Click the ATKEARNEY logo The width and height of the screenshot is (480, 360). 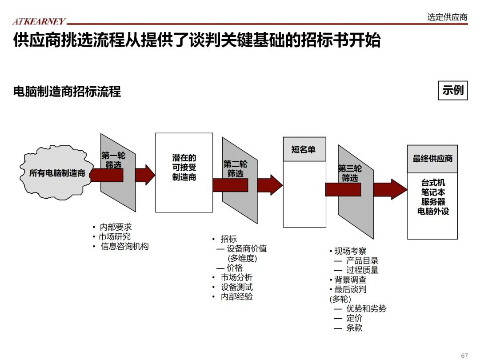39,21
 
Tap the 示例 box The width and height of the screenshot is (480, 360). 452,90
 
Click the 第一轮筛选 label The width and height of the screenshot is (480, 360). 113,160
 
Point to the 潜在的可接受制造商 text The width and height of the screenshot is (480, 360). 184,168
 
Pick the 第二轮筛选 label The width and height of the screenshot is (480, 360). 235,169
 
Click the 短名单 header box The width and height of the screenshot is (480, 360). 304,149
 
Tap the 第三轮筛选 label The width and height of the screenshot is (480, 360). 350,173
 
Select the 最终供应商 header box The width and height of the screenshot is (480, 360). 432,159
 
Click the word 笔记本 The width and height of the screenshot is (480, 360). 433,192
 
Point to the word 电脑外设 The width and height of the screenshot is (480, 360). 433,212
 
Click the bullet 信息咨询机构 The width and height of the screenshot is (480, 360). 124,246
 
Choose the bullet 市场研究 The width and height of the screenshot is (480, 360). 115,237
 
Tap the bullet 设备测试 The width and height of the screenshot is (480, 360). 236,287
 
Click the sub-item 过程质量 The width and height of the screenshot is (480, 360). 362,270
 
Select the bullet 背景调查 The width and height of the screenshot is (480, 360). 350,280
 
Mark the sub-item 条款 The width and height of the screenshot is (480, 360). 354,328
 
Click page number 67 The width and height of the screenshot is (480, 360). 464,356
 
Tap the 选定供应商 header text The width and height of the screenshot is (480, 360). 447,17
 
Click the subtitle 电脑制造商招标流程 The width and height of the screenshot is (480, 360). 67,92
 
